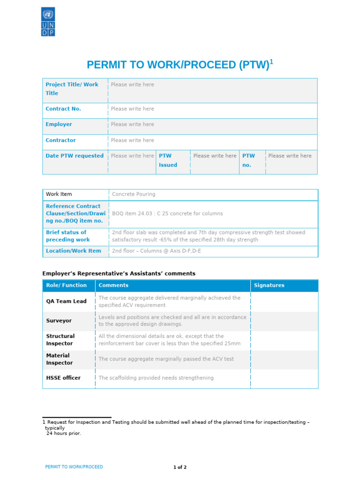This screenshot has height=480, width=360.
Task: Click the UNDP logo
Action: [48, 22]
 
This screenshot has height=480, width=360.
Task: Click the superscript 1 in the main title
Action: [271, 62]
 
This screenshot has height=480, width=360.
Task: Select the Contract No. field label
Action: [63, 109]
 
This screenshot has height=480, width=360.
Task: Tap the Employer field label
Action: [59, 124]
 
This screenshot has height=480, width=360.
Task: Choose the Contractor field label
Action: [60, 140]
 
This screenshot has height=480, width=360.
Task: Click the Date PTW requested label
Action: [75, 156]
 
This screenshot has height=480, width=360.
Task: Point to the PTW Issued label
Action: [168, 160]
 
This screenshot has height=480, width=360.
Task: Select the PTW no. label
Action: [248, 160]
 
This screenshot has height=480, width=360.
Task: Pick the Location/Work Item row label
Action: [74, 251]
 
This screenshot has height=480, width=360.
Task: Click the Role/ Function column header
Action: [66, 285]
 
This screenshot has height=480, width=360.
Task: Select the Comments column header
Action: [113, 285]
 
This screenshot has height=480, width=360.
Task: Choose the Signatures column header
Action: [269, 285]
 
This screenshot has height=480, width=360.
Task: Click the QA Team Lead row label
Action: [66, 301]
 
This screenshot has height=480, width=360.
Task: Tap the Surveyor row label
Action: [59, 321]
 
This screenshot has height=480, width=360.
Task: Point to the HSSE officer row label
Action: [63, 378]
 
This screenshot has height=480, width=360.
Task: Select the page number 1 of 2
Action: [180, 467]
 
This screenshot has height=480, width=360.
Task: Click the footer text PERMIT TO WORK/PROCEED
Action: [74, 467]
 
